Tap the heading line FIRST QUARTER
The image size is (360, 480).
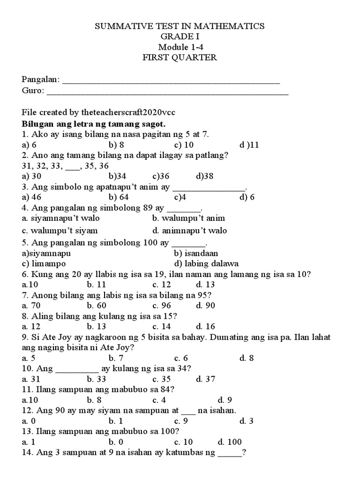pyautogui.click(x=180, y=57)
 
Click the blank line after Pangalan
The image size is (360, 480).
pyautogui.click(x=171, y=81)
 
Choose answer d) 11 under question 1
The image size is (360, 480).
pyautogui.click(x=249, y=145)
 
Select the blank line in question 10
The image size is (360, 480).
pyautogui.click(x=77, y=368)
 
